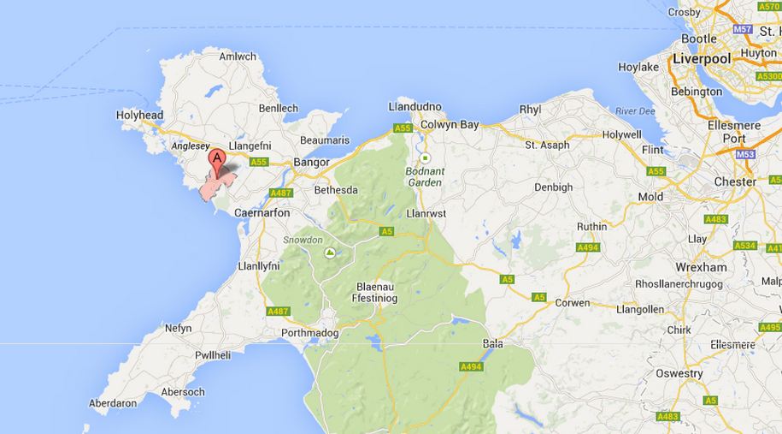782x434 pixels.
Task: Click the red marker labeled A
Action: click(218, 160)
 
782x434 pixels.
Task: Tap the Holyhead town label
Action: click(139, 115)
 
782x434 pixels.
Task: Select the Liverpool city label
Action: click(702, 59)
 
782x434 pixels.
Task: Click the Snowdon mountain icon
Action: click(330, 253)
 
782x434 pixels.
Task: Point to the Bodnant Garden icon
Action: click(424, 158)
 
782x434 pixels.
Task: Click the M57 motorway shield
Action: click(743, 29)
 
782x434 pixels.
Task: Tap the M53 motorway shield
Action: click(747, 154)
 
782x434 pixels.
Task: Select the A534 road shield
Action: click(744, 246)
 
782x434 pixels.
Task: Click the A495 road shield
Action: click(770, 327)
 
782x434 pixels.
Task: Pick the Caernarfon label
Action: click(262, 212)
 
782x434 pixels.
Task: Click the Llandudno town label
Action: click(415, 107)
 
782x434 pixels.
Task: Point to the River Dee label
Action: click(634, 111)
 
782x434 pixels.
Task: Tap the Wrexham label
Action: click(700, 267)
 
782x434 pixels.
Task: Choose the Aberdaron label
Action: click(113, 402)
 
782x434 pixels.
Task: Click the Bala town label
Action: click(493, 343)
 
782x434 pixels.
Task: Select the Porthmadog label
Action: click(309, 333)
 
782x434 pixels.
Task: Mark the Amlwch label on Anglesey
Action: click(238, 56)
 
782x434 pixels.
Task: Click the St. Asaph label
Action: click(547, 145)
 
